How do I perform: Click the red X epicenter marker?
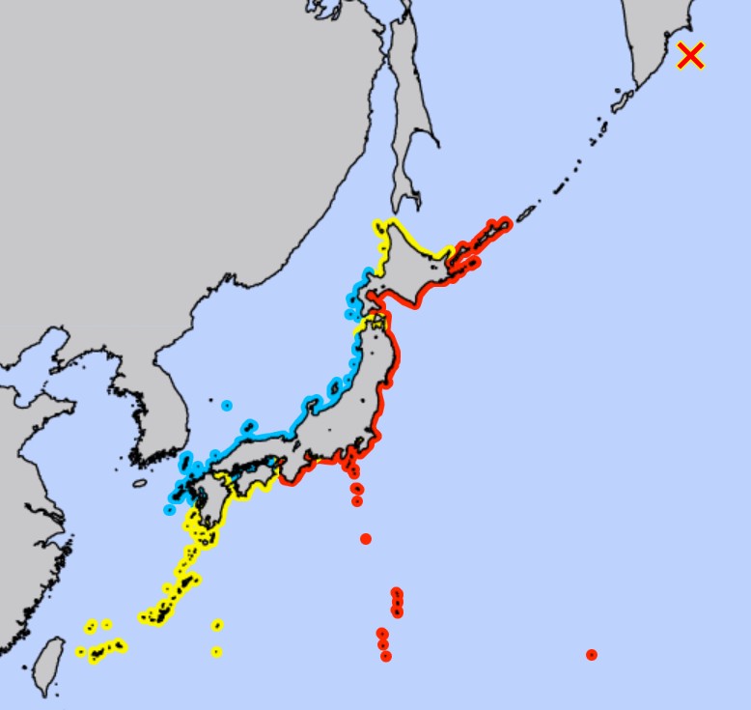pyautogui.click(x=690, y=56)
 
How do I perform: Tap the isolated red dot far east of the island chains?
pyautogui.click(x=592, y=655)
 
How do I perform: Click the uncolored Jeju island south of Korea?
pyautogui.click(x=140, y=483)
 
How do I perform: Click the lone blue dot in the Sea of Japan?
pyautogui.click(x=227, y=406)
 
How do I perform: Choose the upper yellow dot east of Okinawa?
pyautogui.click(x=217, y=625)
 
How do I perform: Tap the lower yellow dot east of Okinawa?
pyautogui.click(x=216, y=651)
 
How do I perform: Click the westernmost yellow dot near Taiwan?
pyautogui.click(x=81, y=652)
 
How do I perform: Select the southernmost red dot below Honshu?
pyautogui.click(x=386, y=656)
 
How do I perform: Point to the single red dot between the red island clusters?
pyautogui.click(x=366, y=539)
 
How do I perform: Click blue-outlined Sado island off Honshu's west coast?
pyautogui.click(x=336, y=389)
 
